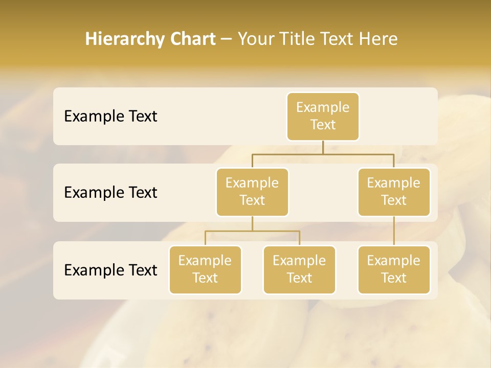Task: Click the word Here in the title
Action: pos(378,39)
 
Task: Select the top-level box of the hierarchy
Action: pos(323,116)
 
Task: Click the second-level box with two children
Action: pos(252,192)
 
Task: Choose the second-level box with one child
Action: pos(394,192)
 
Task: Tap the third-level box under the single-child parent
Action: pos(394,269)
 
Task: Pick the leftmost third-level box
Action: pos(205,269)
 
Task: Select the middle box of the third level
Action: pos(299,269)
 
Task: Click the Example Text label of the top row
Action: pos(110,117)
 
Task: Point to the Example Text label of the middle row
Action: pos(110,193)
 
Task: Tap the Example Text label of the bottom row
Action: pos(110,270)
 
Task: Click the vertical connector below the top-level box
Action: pos(323,147)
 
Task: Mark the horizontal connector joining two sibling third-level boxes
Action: pos(252,231)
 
